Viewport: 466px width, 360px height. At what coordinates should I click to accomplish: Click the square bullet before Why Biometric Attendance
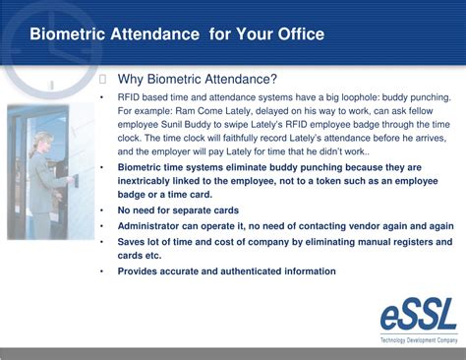pyautogui.click(x=104, y=80)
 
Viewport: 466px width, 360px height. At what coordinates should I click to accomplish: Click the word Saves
pyautogui.click(x=133, y=242)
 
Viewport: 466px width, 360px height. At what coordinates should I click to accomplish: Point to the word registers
pyautogui.click(x=426, y=242)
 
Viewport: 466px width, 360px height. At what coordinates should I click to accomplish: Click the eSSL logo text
pyautogui.click(x=419, y=316)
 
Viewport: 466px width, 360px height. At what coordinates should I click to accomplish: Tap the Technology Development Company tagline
pyautogui.click(x=419, y=339)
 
